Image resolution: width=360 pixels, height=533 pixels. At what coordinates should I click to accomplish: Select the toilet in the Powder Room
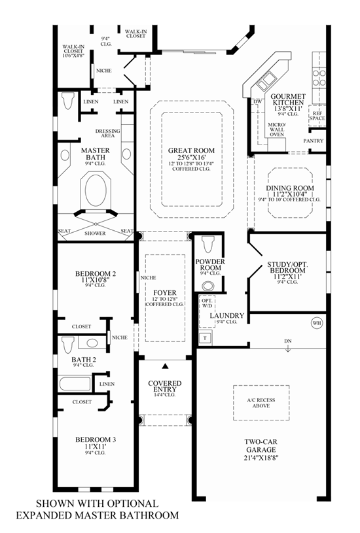pyautogui.click(x=209, y=245)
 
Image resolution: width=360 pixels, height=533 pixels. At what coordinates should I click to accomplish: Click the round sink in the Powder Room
pyautogui.click(x=209, y=285)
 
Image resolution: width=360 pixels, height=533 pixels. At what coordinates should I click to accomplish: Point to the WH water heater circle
pyautogui.click(x=317, y=322)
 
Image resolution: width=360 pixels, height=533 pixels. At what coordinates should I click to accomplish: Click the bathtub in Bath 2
pyautogui.click(x=74, y=383)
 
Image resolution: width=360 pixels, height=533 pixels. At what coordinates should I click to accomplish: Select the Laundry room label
pyautogui.click(x=226, y=316)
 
